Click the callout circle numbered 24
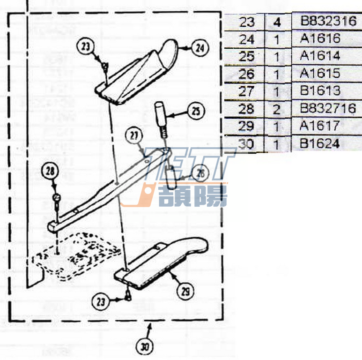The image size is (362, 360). point(200,48)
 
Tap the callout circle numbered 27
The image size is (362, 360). point(133,135)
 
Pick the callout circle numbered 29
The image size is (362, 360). point(185,292)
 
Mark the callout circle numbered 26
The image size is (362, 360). point(200,173)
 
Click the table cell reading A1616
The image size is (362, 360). point(320,38)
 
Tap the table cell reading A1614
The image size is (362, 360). point(320,56)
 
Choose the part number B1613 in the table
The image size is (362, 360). point(320,90)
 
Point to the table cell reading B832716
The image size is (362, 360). point(328,108)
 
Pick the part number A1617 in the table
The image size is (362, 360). point(320,126)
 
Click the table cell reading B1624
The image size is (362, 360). point(320,143)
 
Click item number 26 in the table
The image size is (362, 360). point(246,74)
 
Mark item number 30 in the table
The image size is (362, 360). point(246,143)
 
